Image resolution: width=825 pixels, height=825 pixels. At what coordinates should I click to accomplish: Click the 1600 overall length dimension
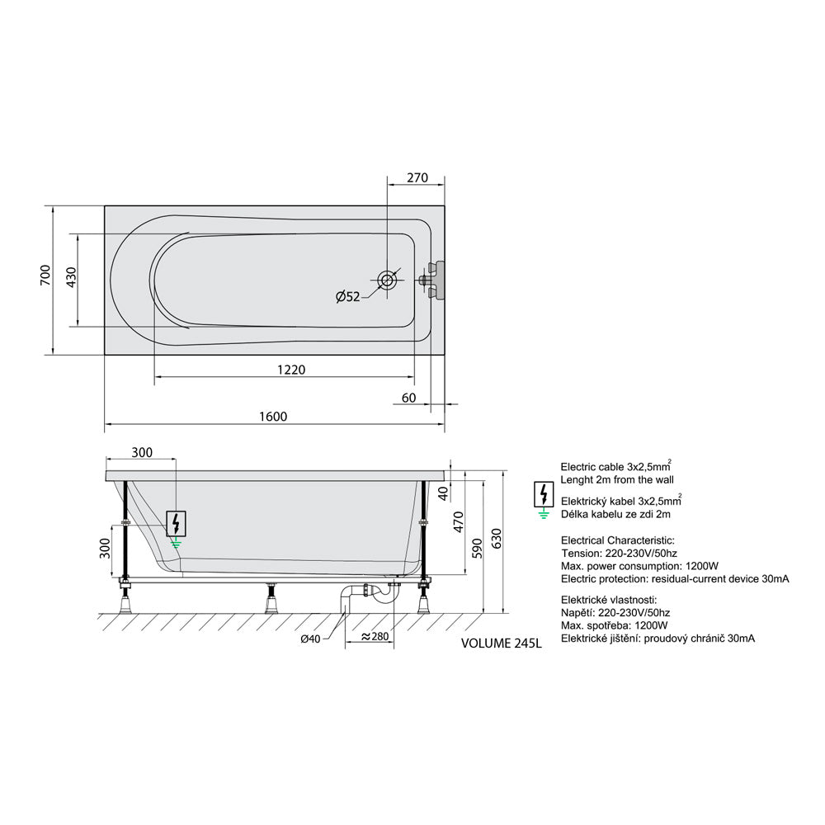point(273,417)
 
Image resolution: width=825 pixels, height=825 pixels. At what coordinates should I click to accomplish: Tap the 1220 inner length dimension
point(291,370)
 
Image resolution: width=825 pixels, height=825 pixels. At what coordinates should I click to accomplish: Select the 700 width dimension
point(46,276)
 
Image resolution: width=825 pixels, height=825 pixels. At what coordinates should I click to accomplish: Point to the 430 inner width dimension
point(72,277)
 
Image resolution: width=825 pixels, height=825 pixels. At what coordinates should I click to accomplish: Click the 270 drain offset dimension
point(417,178)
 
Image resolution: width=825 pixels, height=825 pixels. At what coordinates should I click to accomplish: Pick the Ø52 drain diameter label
point(348,297)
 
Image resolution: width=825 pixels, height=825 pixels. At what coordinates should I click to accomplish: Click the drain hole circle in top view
point(387,280)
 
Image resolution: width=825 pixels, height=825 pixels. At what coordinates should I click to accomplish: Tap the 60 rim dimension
point(409,398)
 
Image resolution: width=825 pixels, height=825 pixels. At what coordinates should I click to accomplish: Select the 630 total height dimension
point(496,538)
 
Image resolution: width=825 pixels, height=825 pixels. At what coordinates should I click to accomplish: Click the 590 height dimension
point(477,549)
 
